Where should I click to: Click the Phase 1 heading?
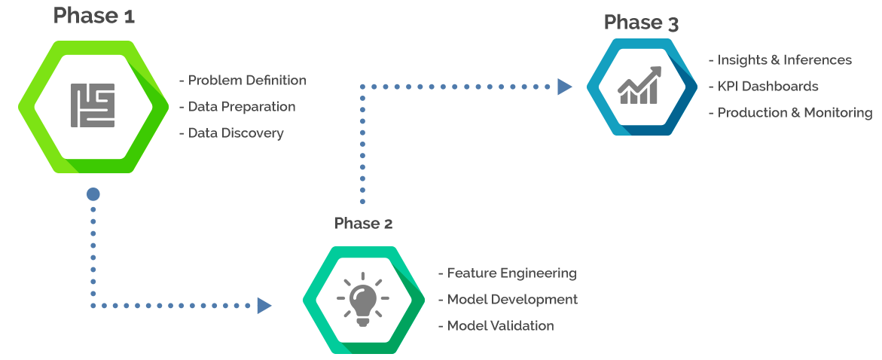pyautogui.click(x=94, y=15)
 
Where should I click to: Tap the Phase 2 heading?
pyautogui.click(x=363, y=223)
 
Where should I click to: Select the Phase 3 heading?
pyautogui.click(x=641, y=23)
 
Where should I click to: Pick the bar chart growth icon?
pyautogui.click(x=640, y=85)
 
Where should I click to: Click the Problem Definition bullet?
pyautogui.click(x=246, y=81)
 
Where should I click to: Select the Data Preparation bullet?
pyautogui.click(x=240, y=107)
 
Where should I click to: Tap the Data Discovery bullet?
pyautogui.click(x=235, y=133)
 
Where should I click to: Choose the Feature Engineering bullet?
pyautogui.click(x=511, y=273)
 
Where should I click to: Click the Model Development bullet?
pyautogui.click(x=511, y=300)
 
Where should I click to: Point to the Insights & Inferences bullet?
pyautogui.click(x=783, y=60)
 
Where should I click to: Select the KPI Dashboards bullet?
pyautogui.click(x=767, y=87)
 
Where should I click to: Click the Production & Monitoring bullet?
pyautogui.click(x=794, y=113)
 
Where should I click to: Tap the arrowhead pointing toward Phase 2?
pyautogui.click(x=264, y=305)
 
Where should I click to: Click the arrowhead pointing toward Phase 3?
pyautogui.click(x=564, y=87)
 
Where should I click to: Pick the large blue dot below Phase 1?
pyautogui.click(x=93, y=194)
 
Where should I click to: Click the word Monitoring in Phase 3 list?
pyautogui.click(x=838, y=113)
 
